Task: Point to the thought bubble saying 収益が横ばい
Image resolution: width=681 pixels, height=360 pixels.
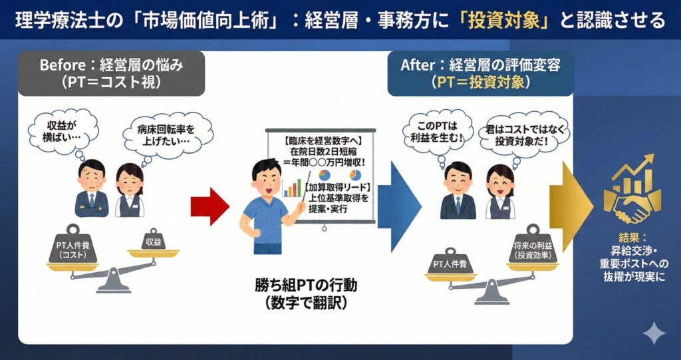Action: pos(63,130)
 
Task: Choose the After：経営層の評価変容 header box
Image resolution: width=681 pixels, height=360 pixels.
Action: pos(479,74)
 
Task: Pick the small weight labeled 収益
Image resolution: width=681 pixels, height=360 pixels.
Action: pos(153,240)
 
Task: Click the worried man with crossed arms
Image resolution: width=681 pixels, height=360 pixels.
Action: pos(91,189)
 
